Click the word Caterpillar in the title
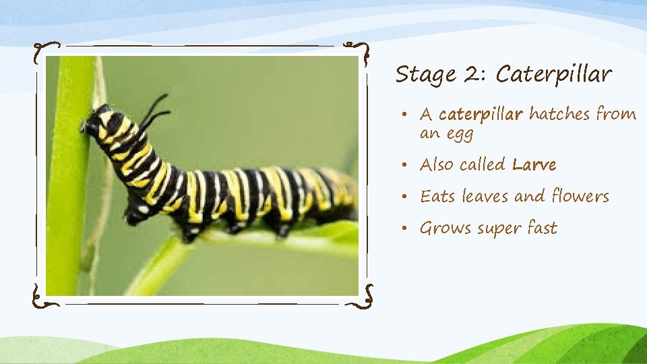553,75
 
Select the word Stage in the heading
423,75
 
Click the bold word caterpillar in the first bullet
481,115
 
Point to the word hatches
559,114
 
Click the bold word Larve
534,164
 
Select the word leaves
483,196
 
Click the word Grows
445,229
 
